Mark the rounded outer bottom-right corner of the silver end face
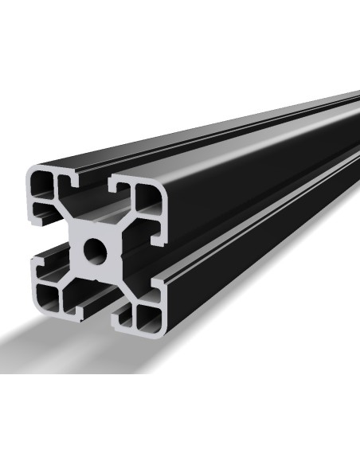pyautogui.click(x=162, y=330)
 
